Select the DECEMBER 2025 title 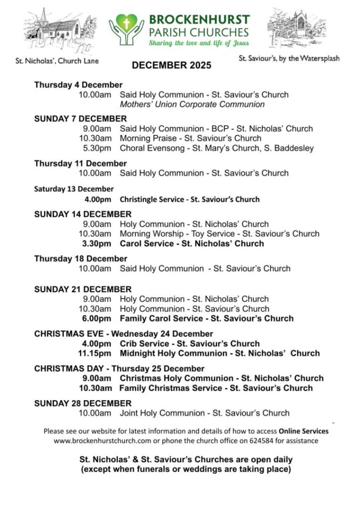pos(172,66)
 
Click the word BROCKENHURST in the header pos(199,20)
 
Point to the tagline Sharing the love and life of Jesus pos(199,44)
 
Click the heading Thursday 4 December pos(78,85)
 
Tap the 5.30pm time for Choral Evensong pos(97,148)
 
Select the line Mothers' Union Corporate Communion pos(192,104)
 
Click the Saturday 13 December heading pos(74,189)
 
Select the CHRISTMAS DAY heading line pos(119,369)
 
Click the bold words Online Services pos(303,431)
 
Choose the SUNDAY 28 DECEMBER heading pos(83,403)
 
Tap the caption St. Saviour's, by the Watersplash pos(289,58)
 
